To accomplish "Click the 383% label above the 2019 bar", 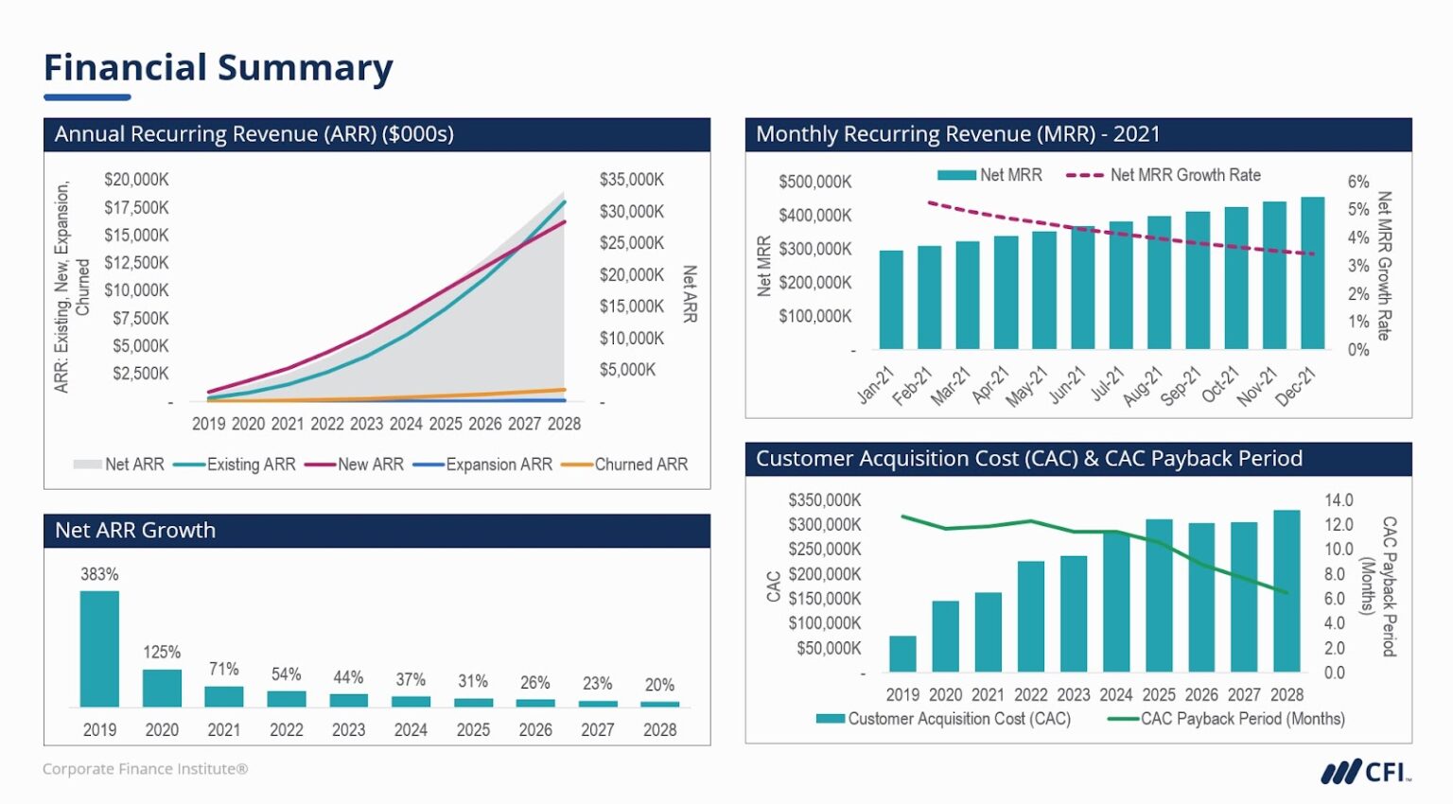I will point(99,574).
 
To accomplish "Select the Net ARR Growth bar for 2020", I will point(162,688).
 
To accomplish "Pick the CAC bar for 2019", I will point(902,654).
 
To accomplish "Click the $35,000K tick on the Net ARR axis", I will point(632,180).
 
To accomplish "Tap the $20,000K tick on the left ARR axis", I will point(136,180).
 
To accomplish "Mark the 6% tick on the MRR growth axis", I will point(1357,182).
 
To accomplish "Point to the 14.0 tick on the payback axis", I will point(1338,500).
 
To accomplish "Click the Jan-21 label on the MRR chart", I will point(875,386).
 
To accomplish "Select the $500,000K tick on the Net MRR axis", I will point(814,182).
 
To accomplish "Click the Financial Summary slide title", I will point(219,68).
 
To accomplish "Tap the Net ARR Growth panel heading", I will point(135,531).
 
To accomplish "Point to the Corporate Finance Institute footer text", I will point(145,769).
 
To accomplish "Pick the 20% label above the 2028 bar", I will point(659,685).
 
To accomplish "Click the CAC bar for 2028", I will point(1287,591).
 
